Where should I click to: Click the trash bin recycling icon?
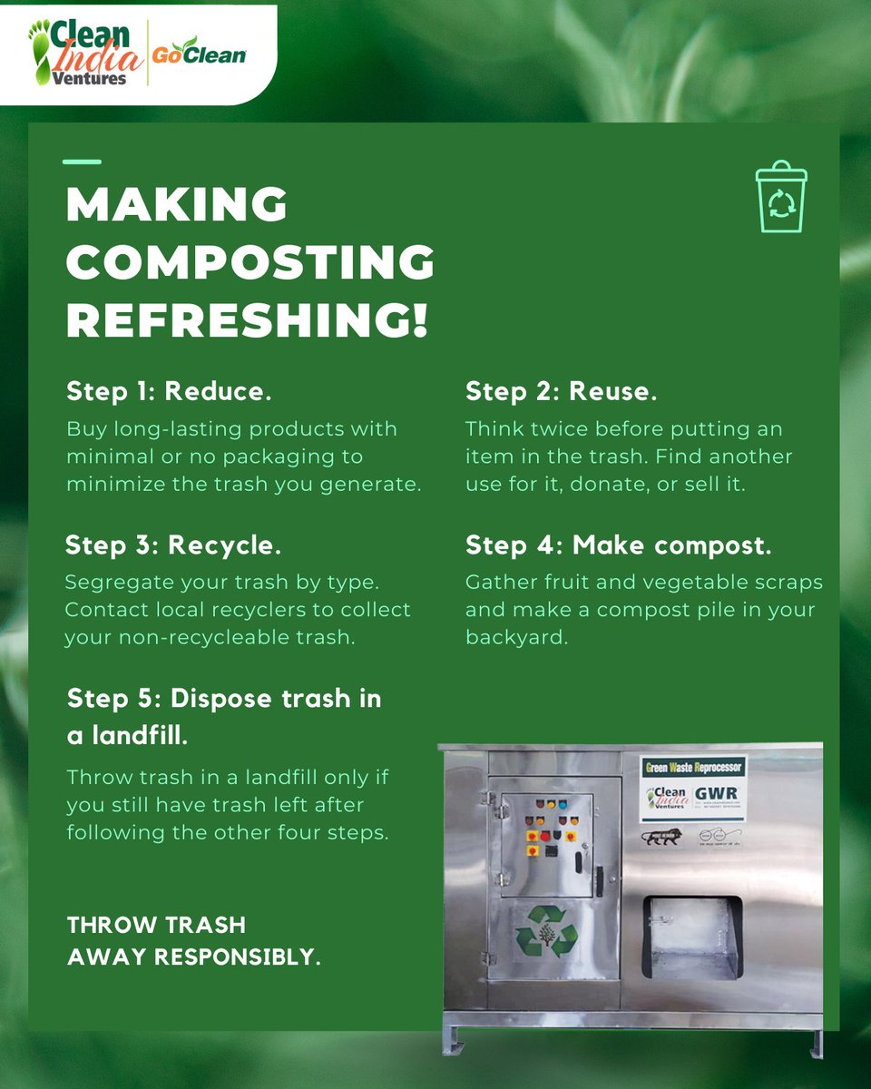tap(781, 197)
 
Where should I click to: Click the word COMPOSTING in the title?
tap(250, 262)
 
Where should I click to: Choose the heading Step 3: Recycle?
tap(173, 545)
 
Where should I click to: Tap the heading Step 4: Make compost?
tap(619, 545)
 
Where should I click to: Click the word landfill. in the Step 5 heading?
tap(128, 736)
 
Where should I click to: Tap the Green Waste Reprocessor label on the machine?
tap(693, 767)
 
